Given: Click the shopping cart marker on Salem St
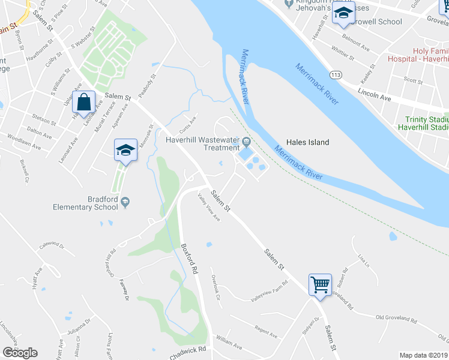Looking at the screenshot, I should pos(320,284).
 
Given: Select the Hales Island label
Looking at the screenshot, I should pos(309,142).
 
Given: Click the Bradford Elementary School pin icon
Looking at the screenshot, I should pos(125,202).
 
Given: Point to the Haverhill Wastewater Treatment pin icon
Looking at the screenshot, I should pos(246,142).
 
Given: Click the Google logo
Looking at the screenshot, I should pos(20,352).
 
